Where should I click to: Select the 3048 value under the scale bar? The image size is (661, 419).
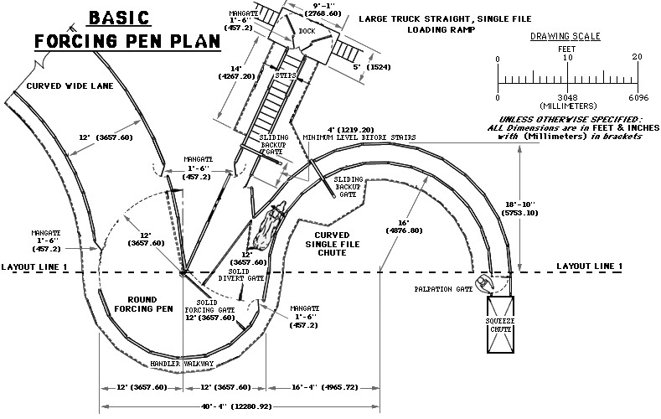click(x=567, y=98)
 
